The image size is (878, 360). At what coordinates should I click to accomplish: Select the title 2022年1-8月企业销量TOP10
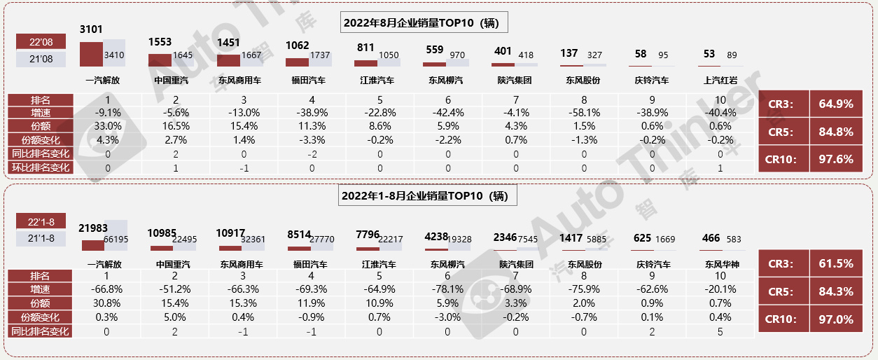pos(424,195)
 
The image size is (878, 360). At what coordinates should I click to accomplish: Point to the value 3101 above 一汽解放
pos(91,29)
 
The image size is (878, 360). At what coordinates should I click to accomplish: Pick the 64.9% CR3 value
pos(836,104)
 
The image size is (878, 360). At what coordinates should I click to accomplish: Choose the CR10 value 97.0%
pos(836,319)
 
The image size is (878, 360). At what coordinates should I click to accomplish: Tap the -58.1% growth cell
pos(583,113)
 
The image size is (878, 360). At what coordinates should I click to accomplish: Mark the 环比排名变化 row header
pos(40,167)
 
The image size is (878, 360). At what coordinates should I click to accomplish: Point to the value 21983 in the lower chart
pos(93,228)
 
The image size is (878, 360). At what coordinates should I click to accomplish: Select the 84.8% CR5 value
pos(836,131)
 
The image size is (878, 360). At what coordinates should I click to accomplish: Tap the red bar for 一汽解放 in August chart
pos(91,55)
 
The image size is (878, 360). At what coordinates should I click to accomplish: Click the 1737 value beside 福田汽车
pos(320,55)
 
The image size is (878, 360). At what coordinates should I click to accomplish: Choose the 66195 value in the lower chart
pos(116,239)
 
